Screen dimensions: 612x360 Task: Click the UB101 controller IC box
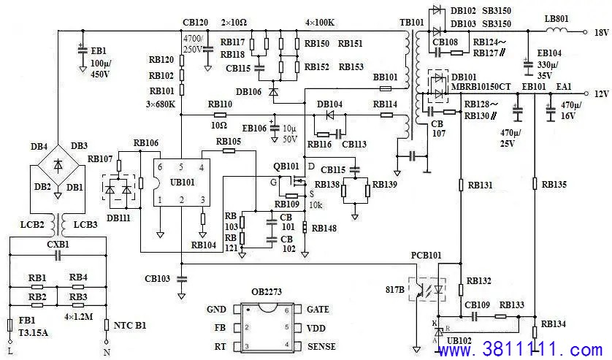pyautogui.click(x=182, y=183)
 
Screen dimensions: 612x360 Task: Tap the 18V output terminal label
pyautogui.click(x=601, y=33)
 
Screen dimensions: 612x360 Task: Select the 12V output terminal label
pyautogui.click(x=601, y=94)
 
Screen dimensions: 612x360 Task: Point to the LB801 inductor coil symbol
pyautogui.click(x=557, y=30)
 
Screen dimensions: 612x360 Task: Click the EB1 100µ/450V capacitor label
pyautogui.click(x=99, y=62)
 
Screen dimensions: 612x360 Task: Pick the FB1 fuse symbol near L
pyautogui.click(x=10, y=325)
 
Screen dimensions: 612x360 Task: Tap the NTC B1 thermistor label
pyautogui.click(x=130, y=325)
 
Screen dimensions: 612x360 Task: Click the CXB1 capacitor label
pyautogui.click(x=58, y=245)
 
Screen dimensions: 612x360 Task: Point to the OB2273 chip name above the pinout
pyautogui.click(x=267, y=291)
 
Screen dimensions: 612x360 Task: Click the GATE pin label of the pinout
pyautogui.click(x=318, y=310)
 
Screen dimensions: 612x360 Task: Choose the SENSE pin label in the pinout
pyautogui.click(x=321, y=346)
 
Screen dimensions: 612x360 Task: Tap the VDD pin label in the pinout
pyautogui.click(x=315, y=329)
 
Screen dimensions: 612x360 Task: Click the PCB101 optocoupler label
pyautogui.click(x=426, y=256)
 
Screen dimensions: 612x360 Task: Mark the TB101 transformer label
pyautogui.click(x=411, y=22)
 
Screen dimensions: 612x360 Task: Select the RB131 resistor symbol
pyautogui.click(x=461, y=185)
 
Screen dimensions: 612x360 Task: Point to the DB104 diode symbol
pyautogui.click(x=330, y=115)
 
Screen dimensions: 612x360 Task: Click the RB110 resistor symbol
pyautogui.click(x=220, y=115)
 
